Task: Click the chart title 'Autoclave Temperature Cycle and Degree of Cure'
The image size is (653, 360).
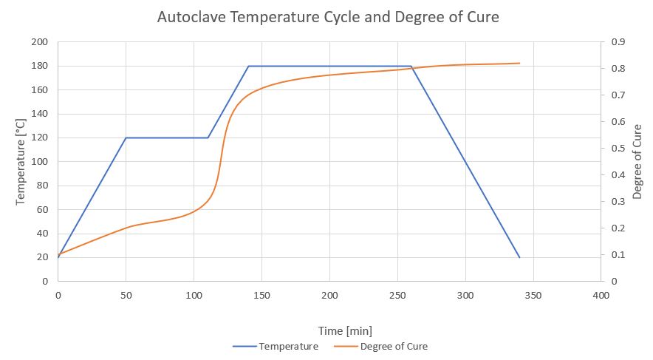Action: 328,17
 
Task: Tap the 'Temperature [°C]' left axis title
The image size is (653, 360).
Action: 23,162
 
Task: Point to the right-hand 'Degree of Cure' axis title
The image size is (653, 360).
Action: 637,162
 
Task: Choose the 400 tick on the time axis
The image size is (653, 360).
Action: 601,295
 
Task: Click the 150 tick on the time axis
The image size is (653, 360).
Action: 261,295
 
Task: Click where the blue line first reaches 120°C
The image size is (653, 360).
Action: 126,137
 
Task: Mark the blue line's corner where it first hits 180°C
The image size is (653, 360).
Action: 248,66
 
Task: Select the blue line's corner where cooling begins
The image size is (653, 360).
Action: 411,66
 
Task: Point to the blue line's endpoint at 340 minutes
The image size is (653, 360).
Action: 519,257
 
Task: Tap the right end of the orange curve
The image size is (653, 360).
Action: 519,63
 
